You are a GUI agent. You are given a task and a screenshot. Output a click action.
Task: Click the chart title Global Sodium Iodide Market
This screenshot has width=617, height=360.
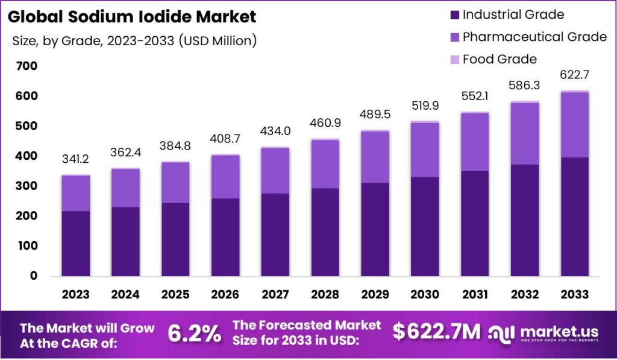[132, 16]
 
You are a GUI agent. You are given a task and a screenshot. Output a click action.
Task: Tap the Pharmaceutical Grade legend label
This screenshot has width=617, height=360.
[534, 37]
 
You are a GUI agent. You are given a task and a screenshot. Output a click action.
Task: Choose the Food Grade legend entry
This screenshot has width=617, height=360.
[500, 59]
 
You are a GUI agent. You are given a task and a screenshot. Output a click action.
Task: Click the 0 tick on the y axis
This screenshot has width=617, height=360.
[34, 276]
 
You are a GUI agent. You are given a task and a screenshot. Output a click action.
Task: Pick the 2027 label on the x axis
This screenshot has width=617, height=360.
[275, 294]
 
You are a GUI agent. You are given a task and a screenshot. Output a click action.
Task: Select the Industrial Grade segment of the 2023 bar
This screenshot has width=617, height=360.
[75, 244]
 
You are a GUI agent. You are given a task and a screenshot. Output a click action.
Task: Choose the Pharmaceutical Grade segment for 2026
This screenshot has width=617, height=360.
[225, 177]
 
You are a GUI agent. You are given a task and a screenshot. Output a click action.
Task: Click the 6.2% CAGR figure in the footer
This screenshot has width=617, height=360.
[194, 333]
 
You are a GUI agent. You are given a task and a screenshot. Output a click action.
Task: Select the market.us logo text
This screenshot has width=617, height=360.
[559, 330]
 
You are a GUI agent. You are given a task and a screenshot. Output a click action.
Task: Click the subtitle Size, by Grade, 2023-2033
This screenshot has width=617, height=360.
[134, 41]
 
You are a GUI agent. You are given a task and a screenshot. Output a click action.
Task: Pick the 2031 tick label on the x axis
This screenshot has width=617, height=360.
[474, 294]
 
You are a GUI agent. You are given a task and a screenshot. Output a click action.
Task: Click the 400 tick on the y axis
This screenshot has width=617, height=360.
[27, 156]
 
